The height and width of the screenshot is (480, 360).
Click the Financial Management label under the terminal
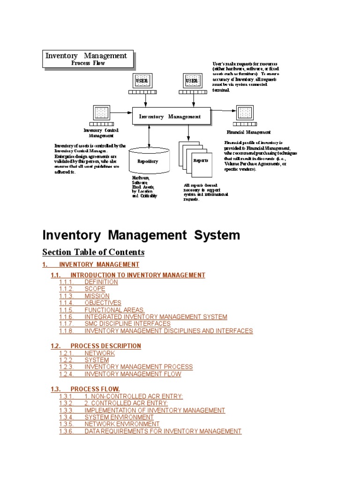click(248, 132)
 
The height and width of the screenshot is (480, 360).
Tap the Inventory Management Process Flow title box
click(88, 59)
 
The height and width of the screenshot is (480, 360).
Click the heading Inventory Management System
click(141, 235)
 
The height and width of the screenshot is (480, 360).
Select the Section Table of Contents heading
click(93, 252)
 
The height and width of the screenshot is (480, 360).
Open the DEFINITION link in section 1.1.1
click(101, 282)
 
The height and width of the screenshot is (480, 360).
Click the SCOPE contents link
click(95, 289)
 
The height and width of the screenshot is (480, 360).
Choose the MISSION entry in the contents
click(97, 296)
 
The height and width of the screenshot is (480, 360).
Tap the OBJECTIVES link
click(103, 303)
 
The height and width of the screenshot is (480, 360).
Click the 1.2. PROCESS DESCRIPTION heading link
click(105, 346)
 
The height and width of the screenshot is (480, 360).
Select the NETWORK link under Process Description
click(99, 353)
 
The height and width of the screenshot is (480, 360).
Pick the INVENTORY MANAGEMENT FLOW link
click(133, 374)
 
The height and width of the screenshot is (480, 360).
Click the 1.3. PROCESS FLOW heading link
click(95, 389)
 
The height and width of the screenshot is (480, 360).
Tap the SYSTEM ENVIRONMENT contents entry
click(119, 417)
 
